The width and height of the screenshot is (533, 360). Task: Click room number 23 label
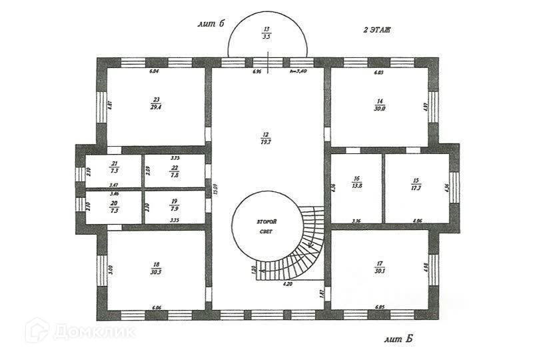(x=156, y=100)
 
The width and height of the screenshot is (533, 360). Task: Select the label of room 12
(x=266, y=135)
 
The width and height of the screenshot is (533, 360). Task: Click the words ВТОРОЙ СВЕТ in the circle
(x=266, y=226)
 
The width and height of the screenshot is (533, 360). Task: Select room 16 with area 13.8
(x=357, y=183)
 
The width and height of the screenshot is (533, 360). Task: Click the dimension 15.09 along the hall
(x=215, y=189)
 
